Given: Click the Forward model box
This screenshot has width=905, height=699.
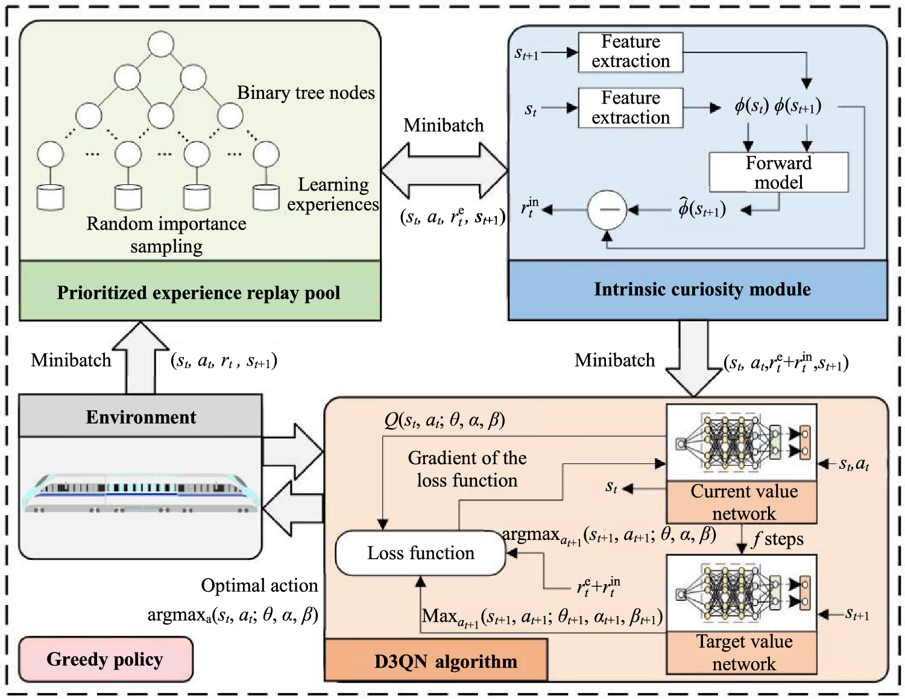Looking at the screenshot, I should point(778,172).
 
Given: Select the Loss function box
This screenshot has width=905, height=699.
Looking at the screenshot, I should point(420,553).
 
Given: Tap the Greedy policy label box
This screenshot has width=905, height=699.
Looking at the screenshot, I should point(106,659).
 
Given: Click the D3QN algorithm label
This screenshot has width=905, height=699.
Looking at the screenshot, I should point(445,661).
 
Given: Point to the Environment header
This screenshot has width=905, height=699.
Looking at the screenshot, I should point(140,416).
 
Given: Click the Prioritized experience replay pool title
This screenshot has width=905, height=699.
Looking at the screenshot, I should point(199,292).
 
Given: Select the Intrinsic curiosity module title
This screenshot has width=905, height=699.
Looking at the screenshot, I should point(702,289).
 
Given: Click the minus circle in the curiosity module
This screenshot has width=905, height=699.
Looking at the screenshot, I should point(607,210).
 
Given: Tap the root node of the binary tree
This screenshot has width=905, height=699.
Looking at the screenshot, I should point(161,44).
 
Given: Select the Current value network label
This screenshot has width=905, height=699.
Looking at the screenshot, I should point(743,502).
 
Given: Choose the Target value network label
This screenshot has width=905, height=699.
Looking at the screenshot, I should point(743,652).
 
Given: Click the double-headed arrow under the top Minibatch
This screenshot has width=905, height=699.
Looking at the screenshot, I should point(444,171).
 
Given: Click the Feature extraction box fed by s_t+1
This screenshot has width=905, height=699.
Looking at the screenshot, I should point(630,52).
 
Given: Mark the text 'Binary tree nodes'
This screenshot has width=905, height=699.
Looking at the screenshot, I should point(306,93).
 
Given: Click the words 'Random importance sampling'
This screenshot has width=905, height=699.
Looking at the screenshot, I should point(166,234).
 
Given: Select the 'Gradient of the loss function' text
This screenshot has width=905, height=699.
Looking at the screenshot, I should point(467,469).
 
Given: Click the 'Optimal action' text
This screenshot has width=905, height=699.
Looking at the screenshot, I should point(259,585).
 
